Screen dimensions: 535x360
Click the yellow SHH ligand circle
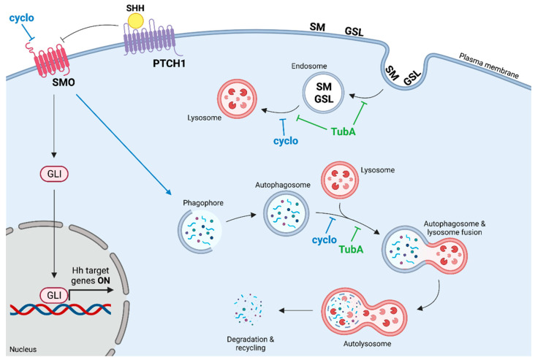point(135,21)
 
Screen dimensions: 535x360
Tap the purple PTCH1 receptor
point(150,39)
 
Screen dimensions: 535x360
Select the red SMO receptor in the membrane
point(50,58)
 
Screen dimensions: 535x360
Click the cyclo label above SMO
point(21,18)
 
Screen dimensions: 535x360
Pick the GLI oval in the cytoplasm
point(54,174)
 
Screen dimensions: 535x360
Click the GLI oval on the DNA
point(54,295)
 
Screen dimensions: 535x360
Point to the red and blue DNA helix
point(61,309)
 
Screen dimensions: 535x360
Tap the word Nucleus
point(23,350)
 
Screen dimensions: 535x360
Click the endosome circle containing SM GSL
point(323,93)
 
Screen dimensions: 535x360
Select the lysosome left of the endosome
point(237,99)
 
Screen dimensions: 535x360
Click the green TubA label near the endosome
point(344,131)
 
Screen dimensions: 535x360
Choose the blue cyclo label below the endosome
point(286,141)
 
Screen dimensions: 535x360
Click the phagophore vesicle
point(200,231)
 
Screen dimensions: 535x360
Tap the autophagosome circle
point(286,214)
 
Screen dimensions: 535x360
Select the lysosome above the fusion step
point(340,180)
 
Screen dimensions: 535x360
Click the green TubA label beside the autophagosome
point(351,250)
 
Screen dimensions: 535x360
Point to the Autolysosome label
point(367,344)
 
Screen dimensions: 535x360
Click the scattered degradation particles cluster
point(248,309)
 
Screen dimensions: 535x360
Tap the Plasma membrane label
point(489,66)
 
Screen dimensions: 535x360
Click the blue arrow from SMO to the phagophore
point(124,145)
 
